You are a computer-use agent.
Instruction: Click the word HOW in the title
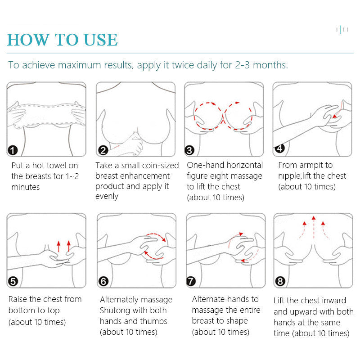coord(28,40)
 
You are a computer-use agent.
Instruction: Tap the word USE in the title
coord(100,40)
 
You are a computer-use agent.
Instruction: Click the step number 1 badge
coord(13,150)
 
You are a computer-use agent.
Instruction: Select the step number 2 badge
coord(103,150)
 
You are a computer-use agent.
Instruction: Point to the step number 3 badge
coord(189,150)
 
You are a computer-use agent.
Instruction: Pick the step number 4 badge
coord(279,148)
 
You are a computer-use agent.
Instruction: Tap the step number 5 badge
coord(13,281)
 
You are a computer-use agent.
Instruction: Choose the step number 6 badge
coord(103,281)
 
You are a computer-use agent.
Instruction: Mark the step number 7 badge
coord(191,281)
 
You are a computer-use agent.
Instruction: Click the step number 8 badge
coord(280,281)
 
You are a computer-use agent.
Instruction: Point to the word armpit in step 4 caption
coord(311,165)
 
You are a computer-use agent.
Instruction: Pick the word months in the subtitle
coord(270,65)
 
